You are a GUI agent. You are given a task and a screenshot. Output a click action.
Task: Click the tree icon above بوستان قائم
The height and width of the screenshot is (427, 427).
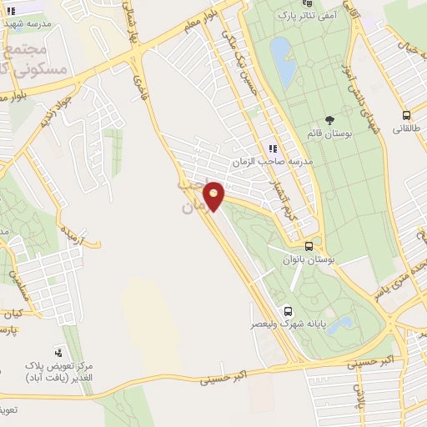[330, 120]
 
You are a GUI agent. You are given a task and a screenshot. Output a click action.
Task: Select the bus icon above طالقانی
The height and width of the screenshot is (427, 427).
[406, 116]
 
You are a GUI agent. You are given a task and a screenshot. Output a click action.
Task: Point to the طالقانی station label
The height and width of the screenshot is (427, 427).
[407, 130]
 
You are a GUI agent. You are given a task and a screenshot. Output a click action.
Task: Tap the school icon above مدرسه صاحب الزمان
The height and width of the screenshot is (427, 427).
[272, 148]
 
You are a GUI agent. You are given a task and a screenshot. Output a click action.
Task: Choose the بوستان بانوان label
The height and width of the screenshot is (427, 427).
[309, 259]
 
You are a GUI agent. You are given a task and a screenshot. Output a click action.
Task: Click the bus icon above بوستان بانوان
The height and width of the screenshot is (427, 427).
[309, 247]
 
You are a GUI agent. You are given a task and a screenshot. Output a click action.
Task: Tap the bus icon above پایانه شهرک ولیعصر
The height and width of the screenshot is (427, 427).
[288, 309]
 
